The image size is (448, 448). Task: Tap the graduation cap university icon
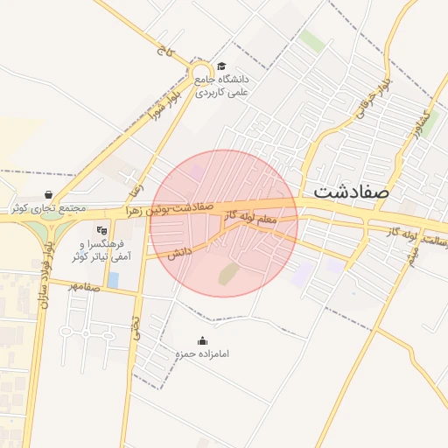[221, 66]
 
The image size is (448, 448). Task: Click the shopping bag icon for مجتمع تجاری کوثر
[47, 195]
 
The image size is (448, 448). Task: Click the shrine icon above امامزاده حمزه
[203, 341]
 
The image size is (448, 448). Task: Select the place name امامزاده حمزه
[202, 354]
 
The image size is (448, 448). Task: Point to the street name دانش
[180, 252]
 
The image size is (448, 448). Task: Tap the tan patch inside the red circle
[227, 274]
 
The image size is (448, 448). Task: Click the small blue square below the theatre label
[114, 279]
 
